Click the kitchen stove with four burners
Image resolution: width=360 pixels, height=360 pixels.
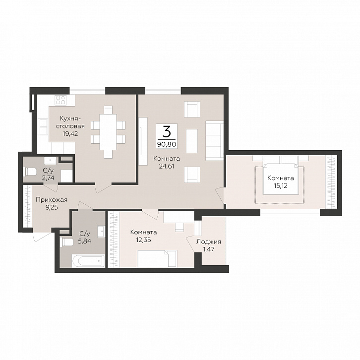pyautogui.click(x=61, y=100)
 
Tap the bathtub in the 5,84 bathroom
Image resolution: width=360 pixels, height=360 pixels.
pyautogui.click(x=88, y=261)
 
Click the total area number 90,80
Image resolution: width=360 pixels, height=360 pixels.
pyautogui.click(x=167, y=144)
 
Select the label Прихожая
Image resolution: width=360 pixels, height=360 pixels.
pyautogui.click(x=52, y=200)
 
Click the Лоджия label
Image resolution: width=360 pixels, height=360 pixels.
pyautogui.click(x=209, y=242)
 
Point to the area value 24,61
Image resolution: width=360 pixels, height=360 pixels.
pyautogui.click(x=167, y=166)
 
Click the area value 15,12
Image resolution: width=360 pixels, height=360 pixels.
pyautogui.click(x=281, y=185)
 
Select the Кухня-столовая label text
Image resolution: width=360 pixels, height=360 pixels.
pyautogui.click(x=72, y=122)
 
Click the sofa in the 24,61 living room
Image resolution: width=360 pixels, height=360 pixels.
pyautogui.click(x=214, y=140)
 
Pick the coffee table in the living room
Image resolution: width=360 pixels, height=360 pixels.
pyautogui.click(x=192, y=141)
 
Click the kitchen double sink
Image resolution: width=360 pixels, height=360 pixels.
pyautogui.click(x=43, y=127)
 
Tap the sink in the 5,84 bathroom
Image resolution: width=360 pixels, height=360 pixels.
pyautogui.click(x=101, y=232)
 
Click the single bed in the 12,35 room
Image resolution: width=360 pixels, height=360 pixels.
pyautogui.click(x=157, y=259)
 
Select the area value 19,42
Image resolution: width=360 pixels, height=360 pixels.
pyautogui.click(x=71, y=133)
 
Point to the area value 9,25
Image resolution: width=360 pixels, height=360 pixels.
pyautogui.click(x=52, y=208)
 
